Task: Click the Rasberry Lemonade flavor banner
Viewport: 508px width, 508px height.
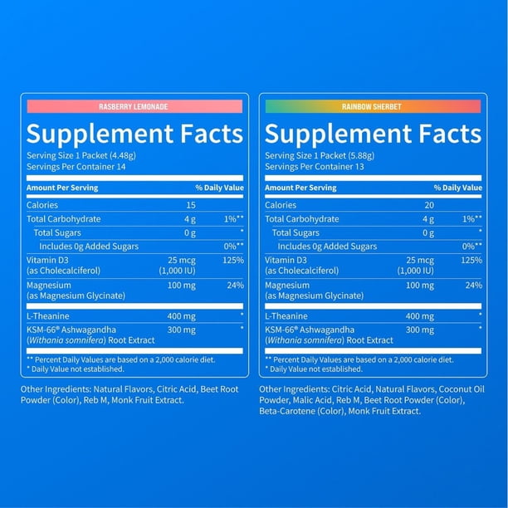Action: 134,106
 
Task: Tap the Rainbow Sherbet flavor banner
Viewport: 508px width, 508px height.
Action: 373,106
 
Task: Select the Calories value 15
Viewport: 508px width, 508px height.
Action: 191,205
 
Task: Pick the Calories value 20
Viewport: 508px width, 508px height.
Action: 429,205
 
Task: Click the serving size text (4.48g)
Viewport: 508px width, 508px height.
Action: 123,156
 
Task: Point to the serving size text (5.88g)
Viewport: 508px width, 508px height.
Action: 361,156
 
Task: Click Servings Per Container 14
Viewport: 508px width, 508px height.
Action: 76,167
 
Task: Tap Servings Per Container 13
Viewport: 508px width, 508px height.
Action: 315,167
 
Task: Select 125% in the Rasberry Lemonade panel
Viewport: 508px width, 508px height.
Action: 233,260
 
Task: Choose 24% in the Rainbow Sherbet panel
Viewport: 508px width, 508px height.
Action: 474,286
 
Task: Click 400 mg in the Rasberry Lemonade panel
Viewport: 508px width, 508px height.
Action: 182,316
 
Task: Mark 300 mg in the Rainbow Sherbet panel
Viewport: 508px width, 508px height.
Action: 420,330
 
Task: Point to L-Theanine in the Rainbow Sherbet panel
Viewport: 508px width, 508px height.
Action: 286,316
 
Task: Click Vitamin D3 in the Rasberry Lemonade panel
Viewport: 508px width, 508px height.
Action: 47,260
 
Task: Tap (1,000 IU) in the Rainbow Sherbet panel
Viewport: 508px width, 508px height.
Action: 415,271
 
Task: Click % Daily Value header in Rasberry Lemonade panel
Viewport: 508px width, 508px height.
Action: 219,188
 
